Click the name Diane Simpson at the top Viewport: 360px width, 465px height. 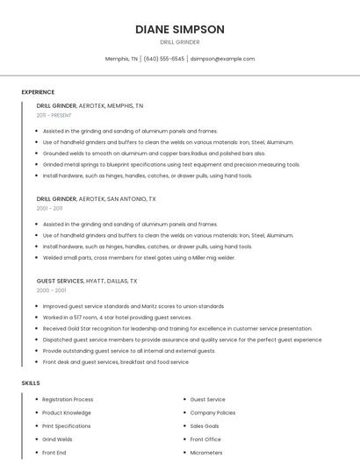pyautogui.click(x=180, y=29)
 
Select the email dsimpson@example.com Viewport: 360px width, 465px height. pyautogui.click(x=222, y=59)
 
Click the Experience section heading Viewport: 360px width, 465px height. pyautogui.click(x=38, y=92)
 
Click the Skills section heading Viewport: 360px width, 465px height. pyautogui.click(x=30, y=383)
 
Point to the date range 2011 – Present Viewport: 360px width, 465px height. pyautogui.click(x=54, y=115)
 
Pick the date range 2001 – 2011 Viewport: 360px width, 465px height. pyautogui.click(x=49, y=208)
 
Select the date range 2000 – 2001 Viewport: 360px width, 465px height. pyautogui.click(x=51, y=290)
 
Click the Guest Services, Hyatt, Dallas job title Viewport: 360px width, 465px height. pyautogui.click(x=87, y=281)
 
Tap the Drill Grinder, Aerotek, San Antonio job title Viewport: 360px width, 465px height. pyautogui.click(x=96, y=199)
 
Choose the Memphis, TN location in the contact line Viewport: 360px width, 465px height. pyautogui.click(x=121, y=59)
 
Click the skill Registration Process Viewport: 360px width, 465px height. pyautogui.click(x=68, y=399)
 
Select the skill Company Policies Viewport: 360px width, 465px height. pyautogui.click(x=212, y=412)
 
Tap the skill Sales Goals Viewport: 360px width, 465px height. pyautogui.click(x=205, y=426)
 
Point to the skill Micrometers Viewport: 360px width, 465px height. pyautogui.click(x=207, y=453)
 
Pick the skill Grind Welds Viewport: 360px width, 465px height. pyautogui.click(x=57, y=440)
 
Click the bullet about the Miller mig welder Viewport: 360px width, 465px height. pyautogui.click(x=139, y=258)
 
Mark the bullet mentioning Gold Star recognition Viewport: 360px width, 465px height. pyautogui.click(x=176, y=328)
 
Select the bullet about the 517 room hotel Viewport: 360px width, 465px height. pyautogui.click(x=117, y=317)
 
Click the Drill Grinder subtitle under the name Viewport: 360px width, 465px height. pyautogui.click(x=180, y=42)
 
